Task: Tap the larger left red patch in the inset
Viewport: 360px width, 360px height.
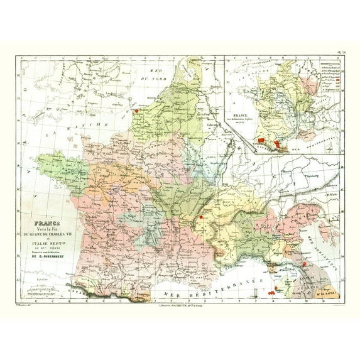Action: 259,138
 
